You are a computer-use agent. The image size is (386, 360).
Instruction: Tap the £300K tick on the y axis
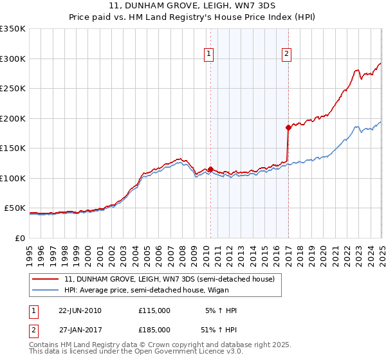pyautogui.click(x=13, y=59)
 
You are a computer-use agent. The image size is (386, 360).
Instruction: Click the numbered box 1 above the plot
pyautogui.click(x=210, y=55)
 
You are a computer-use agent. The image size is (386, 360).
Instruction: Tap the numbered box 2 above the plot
pyautogui.click(x=286, y=55)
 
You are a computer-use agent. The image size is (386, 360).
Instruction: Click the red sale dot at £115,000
pyautogui.click(x=211, y=170)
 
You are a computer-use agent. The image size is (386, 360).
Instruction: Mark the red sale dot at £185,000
pyautogui.click(x=288, y=128)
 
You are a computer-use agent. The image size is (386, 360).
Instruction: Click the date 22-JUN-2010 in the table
pyautogui.click(x=80, y=310)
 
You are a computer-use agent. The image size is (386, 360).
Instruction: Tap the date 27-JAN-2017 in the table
pyautogui.click(x=80, y=329)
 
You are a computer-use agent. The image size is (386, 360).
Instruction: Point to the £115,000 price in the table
pyautogui.click(x=154, y=310)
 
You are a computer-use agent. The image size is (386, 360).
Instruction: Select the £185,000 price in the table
pyautogui.click(x=154, y=329)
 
